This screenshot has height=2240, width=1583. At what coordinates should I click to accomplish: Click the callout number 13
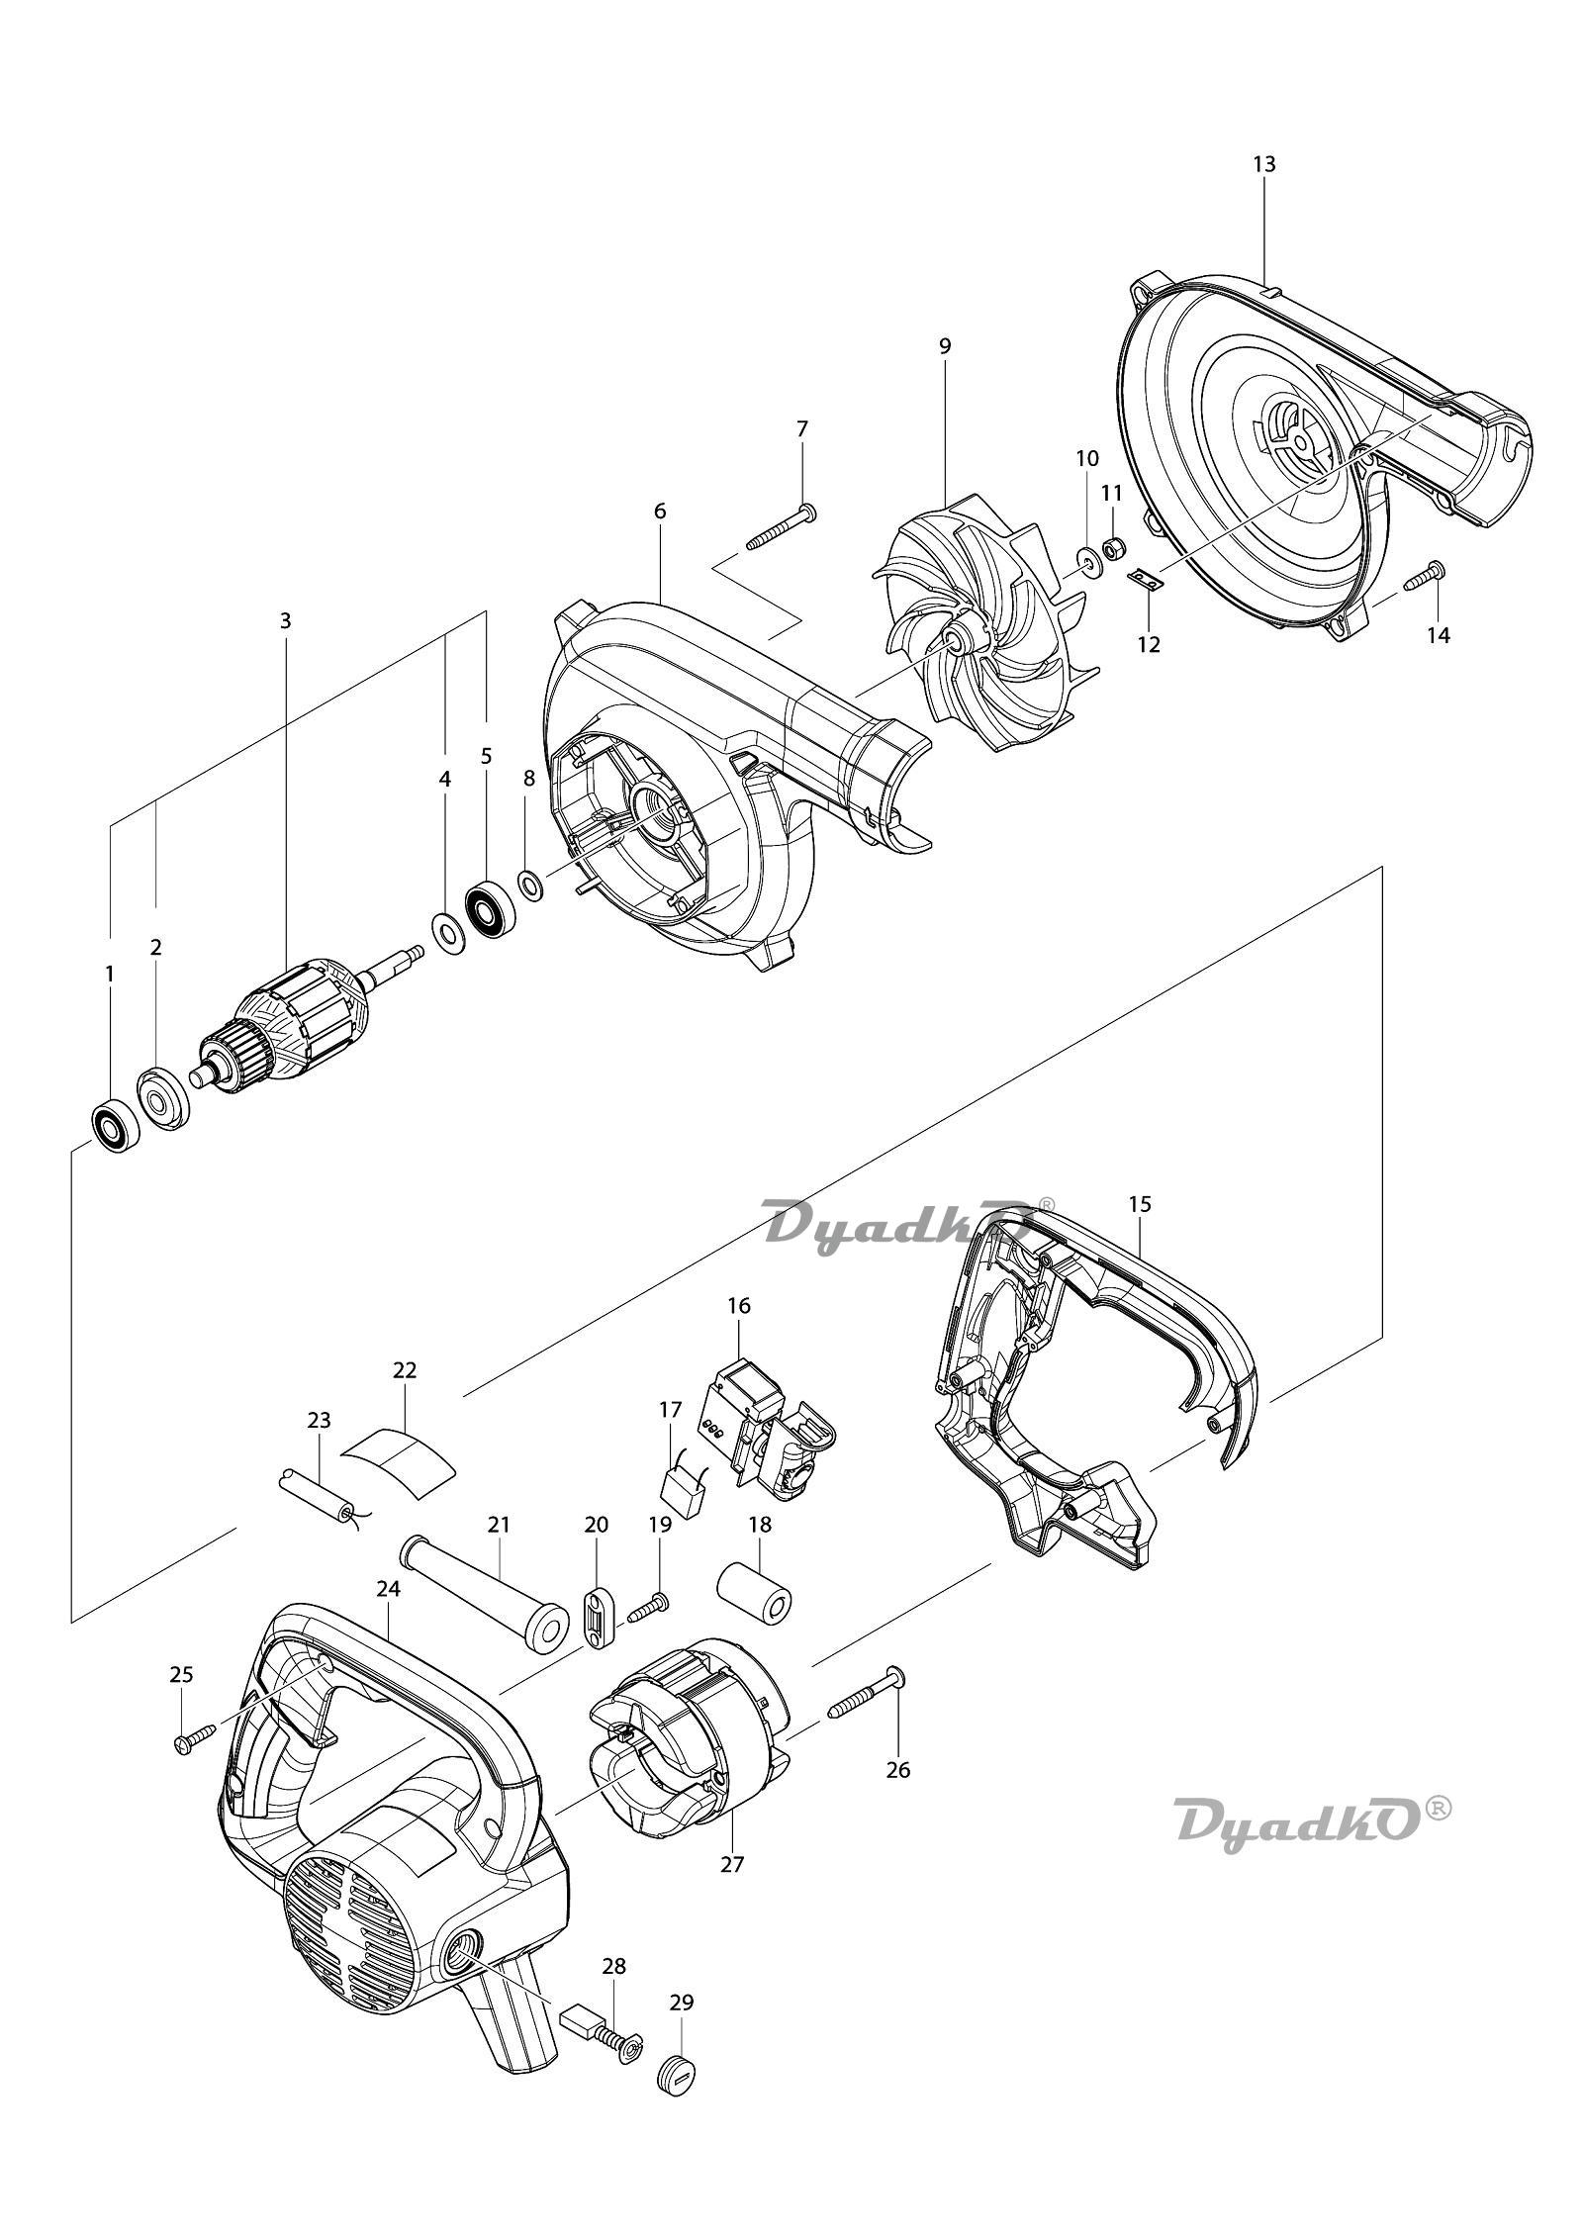1263,164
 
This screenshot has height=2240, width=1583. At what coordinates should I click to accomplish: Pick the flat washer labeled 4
445,930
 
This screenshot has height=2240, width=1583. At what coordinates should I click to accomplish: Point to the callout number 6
660,512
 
